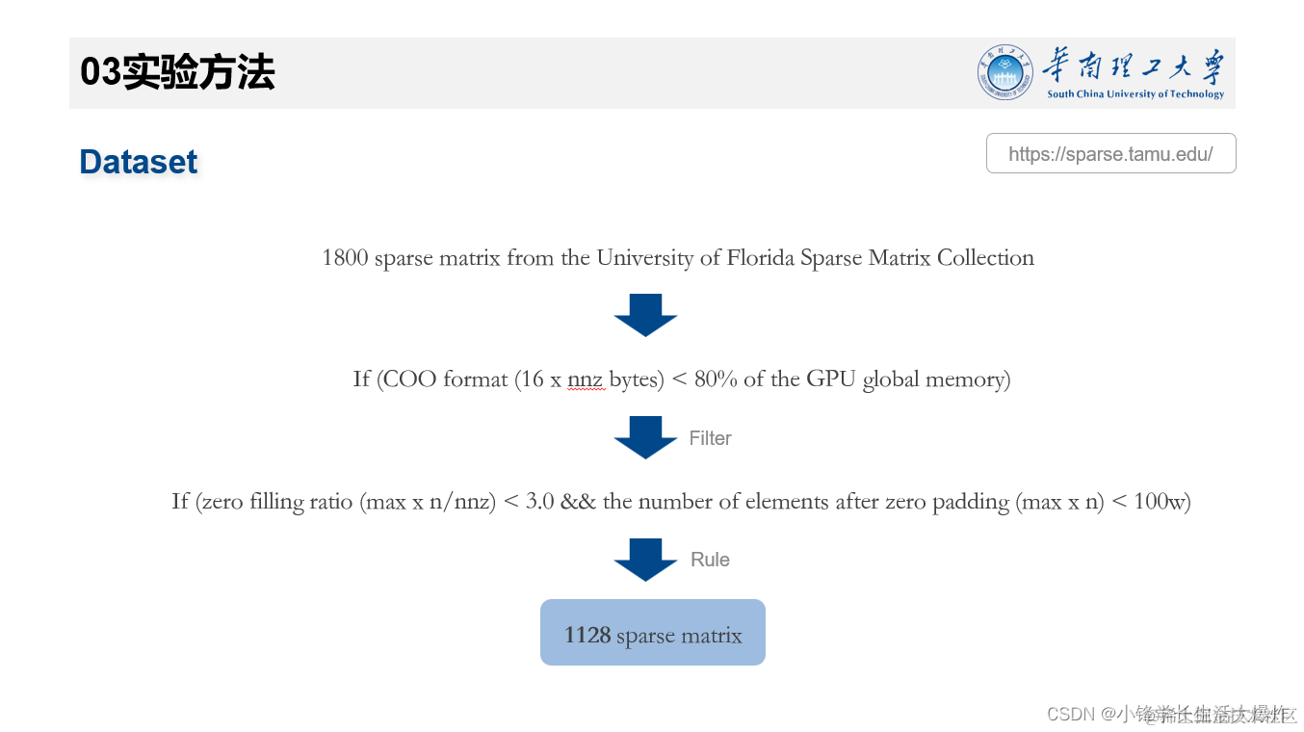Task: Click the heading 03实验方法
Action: point(177,72)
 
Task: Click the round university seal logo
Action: point(1005,72)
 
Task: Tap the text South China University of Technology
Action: point(1134,94)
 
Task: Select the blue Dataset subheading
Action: point(138,162)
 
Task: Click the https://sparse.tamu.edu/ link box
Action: point(1110,154)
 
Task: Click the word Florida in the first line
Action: point(762,258)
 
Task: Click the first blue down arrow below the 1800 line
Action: point(645,315)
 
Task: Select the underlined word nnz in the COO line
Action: point(586,379)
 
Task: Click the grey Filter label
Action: point(710,438)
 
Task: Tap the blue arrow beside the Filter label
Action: point(645,437)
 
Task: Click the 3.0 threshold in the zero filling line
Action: point(539,502)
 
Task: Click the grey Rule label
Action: point(710,560)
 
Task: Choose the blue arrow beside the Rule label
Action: point(645,560)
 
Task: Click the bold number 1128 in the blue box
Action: point(587,636)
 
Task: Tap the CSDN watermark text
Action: point(1070,714)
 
